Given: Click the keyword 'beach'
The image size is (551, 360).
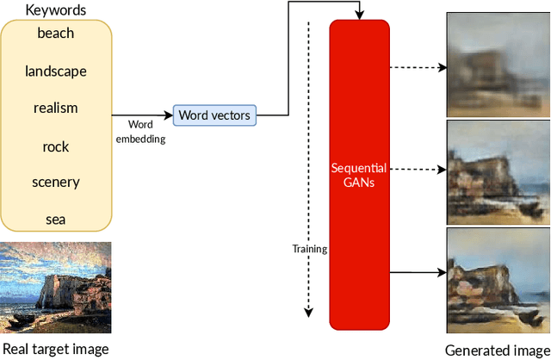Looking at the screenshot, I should [x=56, y=34].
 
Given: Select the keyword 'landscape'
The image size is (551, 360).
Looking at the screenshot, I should [x=56, y=71].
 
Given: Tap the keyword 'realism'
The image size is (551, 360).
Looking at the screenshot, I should [x=56, y=108].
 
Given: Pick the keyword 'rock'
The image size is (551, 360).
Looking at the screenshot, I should [x=56, y=146].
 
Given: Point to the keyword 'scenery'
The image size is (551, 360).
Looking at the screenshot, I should [x=56, y=182].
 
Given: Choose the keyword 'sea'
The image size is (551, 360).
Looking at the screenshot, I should [x=56, y=219].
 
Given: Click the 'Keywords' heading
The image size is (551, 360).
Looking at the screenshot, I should [x=55, y=10].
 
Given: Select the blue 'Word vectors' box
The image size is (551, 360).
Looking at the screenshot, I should [x=215, y=115].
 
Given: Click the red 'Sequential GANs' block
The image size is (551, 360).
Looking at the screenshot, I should [x=359, y=175].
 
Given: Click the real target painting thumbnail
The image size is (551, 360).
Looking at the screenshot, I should [x=56, y=289].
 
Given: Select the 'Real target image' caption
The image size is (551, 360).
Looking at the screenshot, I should [x=56, y=349].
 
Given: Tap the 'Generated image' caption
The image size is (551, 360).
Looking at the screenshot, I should [x=497, y=350].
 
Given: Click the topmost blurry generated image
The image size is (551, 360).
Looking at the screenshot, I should [x=498, y=65].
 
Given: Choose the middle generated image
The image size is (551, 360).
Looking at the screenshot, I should [x=498, y=172].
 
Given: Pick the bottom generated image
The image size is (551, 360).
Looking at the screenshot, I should [x=498, y=281].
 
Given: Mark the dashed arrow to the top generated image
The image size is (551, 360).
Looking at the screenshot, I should [x=418, y=65].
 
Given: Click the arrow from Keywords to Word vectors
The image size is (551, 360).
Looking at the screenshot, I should [x=142, y=115].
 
